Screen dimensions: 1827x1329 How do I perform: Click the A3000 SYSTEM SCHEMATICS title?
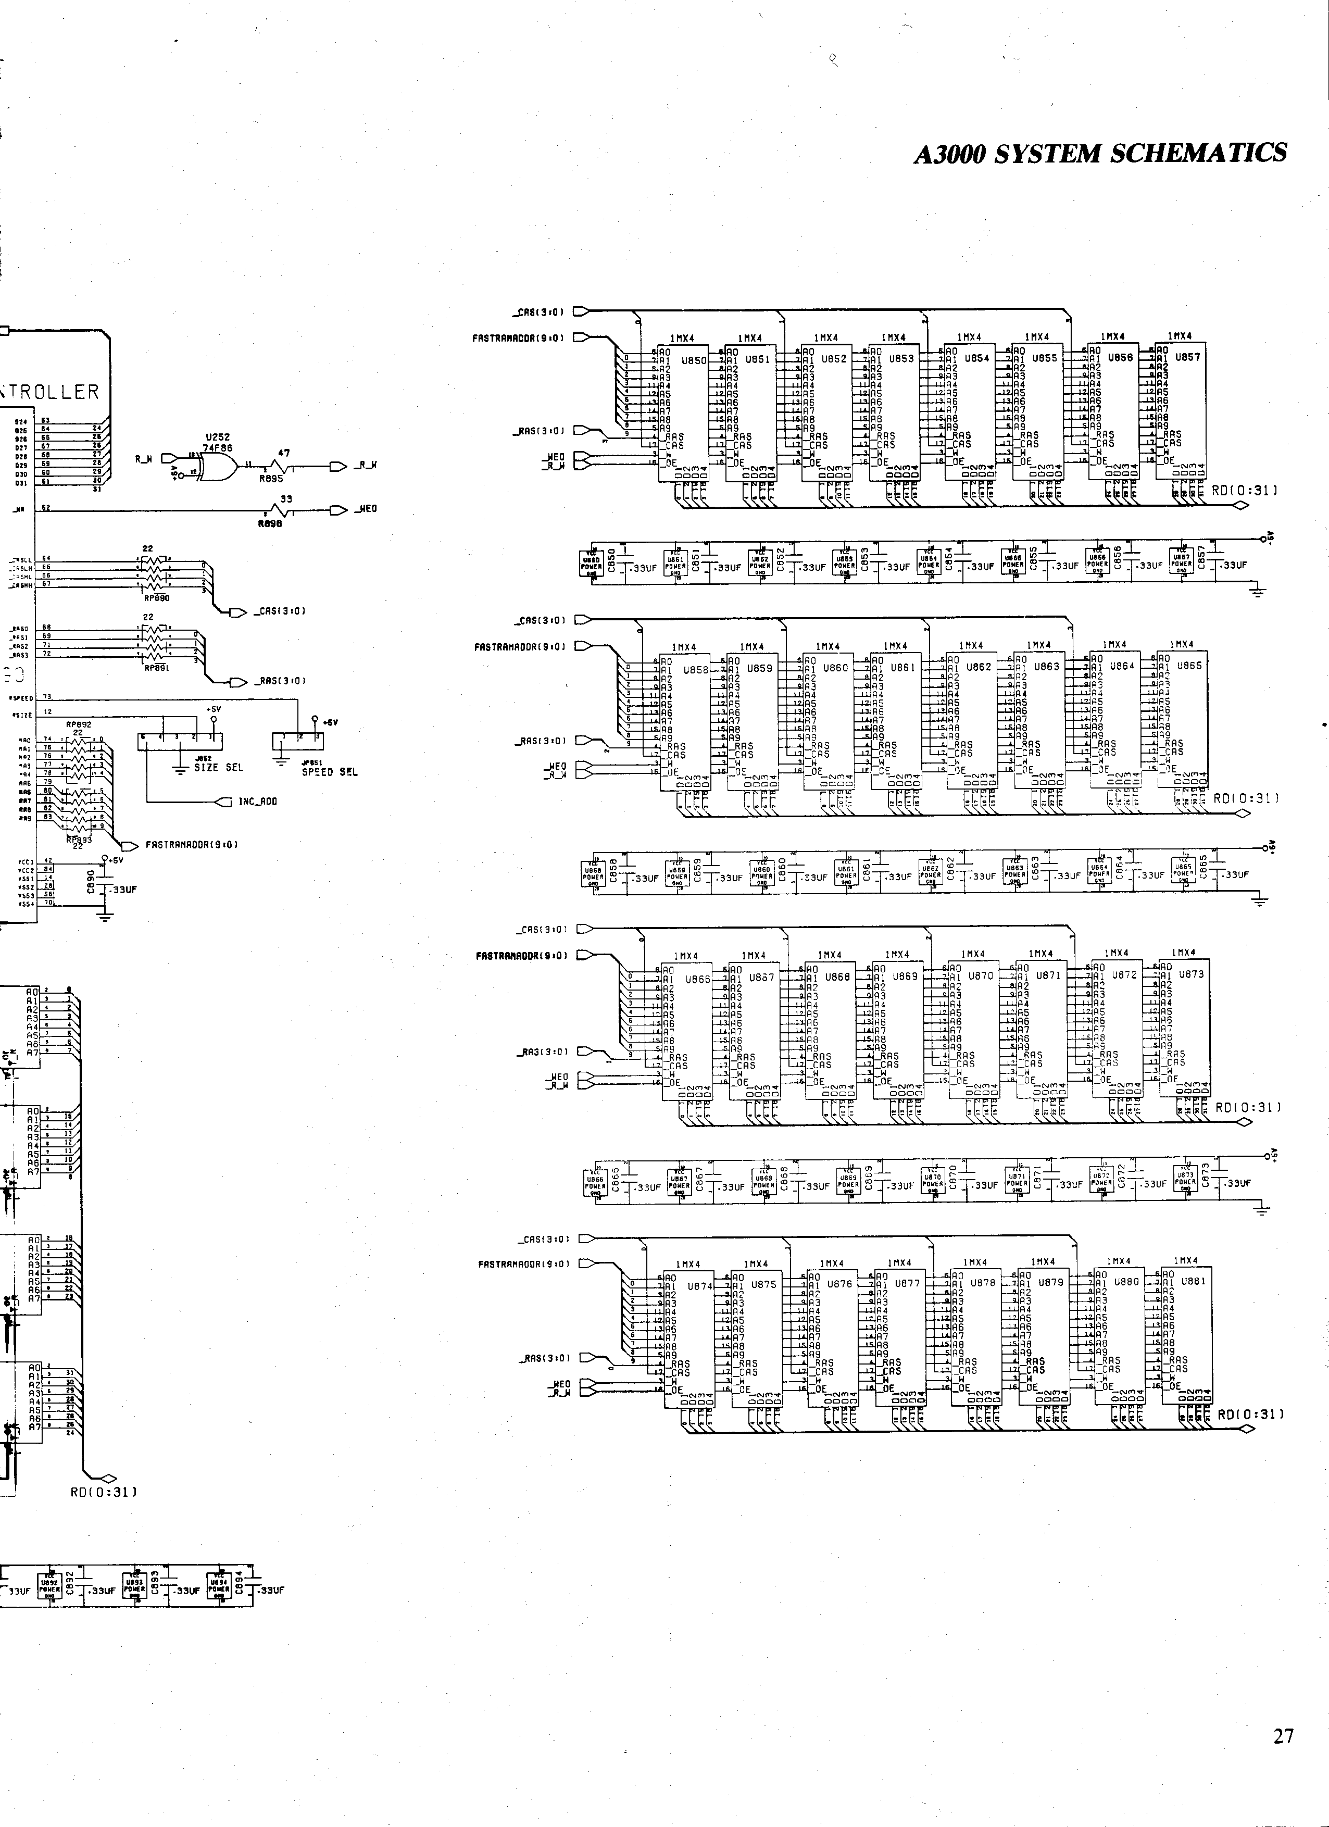click(x=1099, y=153)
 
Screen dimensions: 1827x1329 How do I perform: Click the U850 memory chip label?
click(x=694, y=361)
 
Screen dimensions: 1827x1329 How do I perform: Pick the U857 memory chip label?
click(x=1188, y=357)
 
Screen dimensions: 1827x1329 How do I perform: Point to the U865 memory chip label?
click(x=1189, y=666)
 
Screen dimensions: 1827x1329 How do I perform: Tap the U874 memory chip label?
click(x=700, y=1286)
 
